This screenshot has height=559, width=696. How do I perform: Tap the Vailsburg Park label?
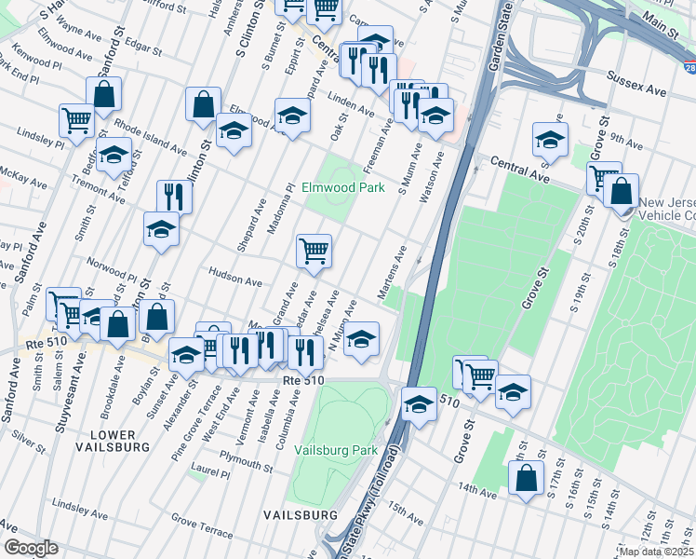tap(336, 450)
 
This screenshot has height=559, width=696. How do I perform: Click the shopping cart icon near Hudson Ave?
tap(315, 251)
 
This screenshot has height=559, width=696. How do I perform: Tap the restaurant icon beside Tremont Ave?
tap(174, 197)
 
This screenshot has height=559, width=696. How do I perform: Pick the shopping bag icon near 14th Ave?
tap(527, 478)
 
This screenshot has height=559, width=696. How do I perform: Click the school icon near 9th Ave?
tap(551, 141)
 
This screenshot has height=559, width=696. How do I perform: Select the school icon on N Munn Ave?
tap(362, 339)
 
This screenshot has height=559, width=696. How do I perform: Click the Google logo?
tap(31, 548)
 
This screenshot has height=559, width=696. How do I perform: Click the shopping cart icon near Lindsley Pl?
tap(76, 119)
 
